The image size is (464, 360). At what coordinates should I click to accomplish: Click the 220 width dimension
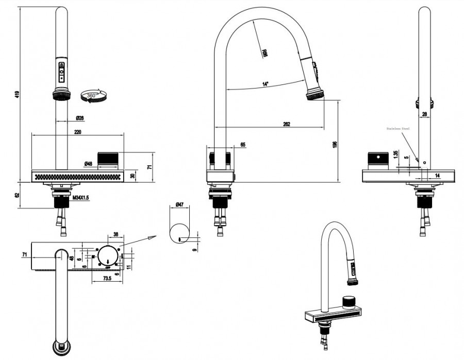(x=77, y=132)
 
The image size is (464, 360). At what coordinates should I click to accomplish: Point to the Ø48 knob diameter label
(x=88, y=164)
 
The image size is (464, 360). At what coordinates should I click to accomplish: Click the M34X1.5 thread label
(x=81, y=198)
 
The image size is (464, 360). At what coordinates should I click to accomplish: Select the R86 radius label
(x=264, y=53)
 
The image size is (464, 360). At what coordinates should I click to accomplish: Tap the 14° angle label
(x=265, y=84)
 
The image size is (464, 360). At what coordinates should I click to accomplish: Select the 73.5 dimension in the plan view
(x=107, y=278)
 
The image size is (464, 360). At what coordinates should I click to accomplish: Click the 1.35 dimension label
(x=395, y=155)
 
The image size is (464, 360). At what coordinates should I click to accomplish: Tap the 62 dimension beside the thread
(x=17, y=195)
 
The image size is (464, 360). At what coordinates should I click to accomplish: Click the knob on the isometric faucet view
(x=350, y=300)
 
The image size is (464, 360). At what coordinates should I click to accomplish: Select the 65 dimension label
(x=243, y=145)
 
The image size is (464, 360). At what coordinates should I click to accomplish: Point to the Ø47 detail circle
(x=180, y=233)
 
